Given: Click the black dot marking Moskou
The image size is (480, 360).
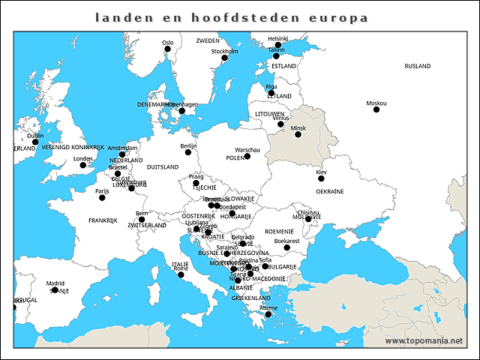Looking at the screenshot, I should point(376,109).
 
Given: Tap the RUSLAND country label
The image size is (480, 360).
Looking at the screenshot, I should point(417,66).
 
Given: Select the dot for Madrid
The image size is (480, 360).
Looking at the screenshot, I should point(55,290).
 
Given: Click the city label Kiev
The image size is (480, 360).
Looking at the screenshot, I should point(321,172).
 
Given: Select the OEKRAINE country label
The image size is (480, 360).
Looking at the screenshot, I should point(329,191).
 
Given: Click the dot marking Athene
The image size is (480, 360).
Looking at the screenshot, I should point(268,314).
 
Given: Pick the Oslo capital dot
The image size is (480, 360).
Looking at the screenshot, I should point(168,49).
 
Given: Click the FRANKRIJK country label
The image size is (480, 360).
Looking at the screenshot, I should point(103,220).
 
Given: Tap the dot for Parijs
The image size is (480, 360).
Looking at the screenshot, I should point(103,196).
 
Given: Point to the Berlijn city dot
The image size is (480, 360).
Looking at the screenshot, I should point(188,152).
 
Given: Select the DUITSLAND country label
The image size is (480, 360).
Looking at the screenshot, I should point(163,167).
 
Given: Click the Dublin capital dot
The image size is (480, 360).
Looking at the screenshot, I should point(35,142).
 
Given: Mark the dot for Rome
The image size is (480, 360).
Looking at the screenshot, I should point(181,274).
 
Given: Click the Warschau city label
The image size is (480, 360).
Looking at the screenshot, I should point(247,150).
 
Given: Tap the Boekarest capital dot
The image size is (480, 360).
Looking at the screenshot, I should point(286,247).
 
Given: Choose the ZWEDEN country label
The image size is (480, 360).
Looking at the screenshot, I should point(208,40).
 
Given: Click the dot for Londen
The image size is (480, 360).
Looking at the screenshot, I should point(83,165).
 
